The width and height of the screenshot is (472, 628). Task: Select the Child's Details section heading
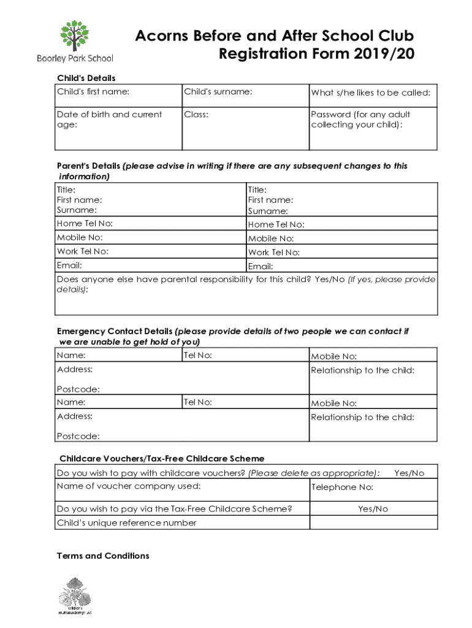[x=86, y=78]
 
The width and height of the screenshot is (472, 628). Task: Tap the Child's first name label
[x=93, y=92]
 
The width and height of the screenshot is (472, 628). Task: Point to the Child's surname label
[x=218, y=92]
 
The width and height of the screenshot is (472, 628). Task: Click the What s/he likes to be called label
[x=371, y=93]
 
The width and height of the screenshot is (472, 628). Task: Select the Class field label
[x=196, y=115]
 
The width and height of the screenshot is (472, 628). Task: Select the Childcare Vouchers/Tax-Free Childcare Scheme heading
[x=162, y=459]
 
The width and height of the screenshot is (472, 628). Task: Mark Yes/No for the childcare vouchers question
[x=409, y=473]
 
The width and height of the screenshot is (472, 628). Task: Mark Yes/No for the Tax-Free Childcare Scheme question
[x=373, y=509]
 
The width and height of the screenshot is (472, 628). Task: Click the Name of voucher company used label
[x=128, y=486]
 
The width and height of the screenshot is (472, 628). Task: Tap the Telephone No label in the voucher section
[x=342, y=488]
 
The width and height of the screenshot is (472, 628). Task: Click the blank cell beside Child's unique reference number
[x=373, y=523]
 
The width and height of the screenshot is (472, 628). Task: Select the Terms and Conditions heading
[x=103, y=556]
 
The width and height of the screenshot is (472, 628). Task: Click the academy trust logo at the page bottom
[x=74, y=595]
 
